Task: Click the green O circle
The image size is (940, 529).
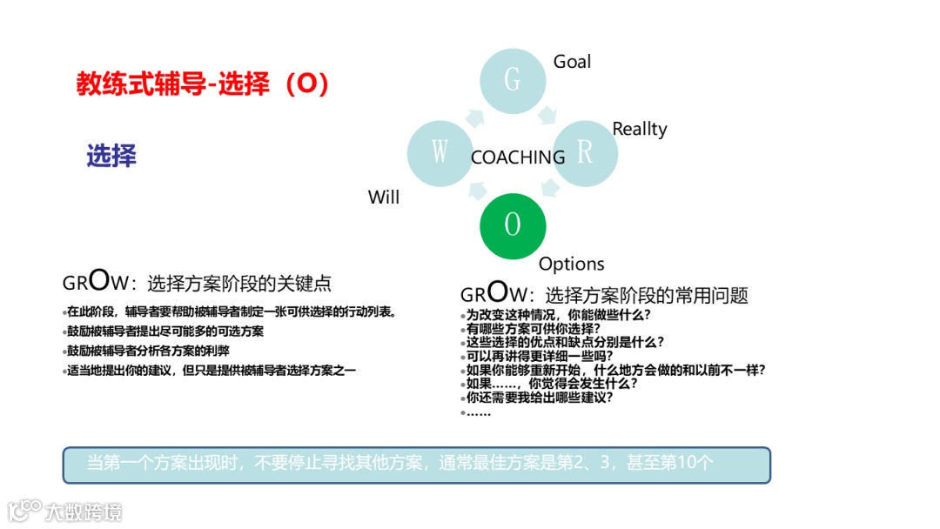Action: click(513, 225)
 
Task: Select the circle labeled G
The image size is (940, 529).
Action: click(513, 81)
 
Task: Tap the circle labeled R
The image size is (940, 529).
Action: click(585, 153)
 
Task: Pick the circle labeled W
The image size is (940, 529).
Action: click(440, 153)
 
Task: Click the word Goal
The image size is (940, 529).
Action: click(572, 62)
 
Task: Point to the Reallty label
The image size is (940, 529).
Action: click(639, 129)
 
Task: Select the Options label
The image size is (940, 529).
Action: click(571, 264)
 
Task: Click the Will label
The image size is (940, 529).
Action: click(383, 198)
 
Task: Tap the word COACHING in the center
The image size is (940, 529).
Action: click(518, 157)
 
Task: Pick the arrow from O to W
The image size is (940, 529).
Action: click(475, 189)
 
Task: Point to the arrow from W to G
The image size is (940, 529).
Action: click(476, 117)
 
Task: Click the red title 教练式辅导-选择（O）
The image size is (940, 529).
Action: click(202, 84)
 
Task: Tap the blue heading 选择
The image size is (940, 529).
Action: click(111, 156)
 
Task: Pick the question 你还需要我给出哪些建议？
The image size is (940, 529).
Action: click(540, 397)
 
